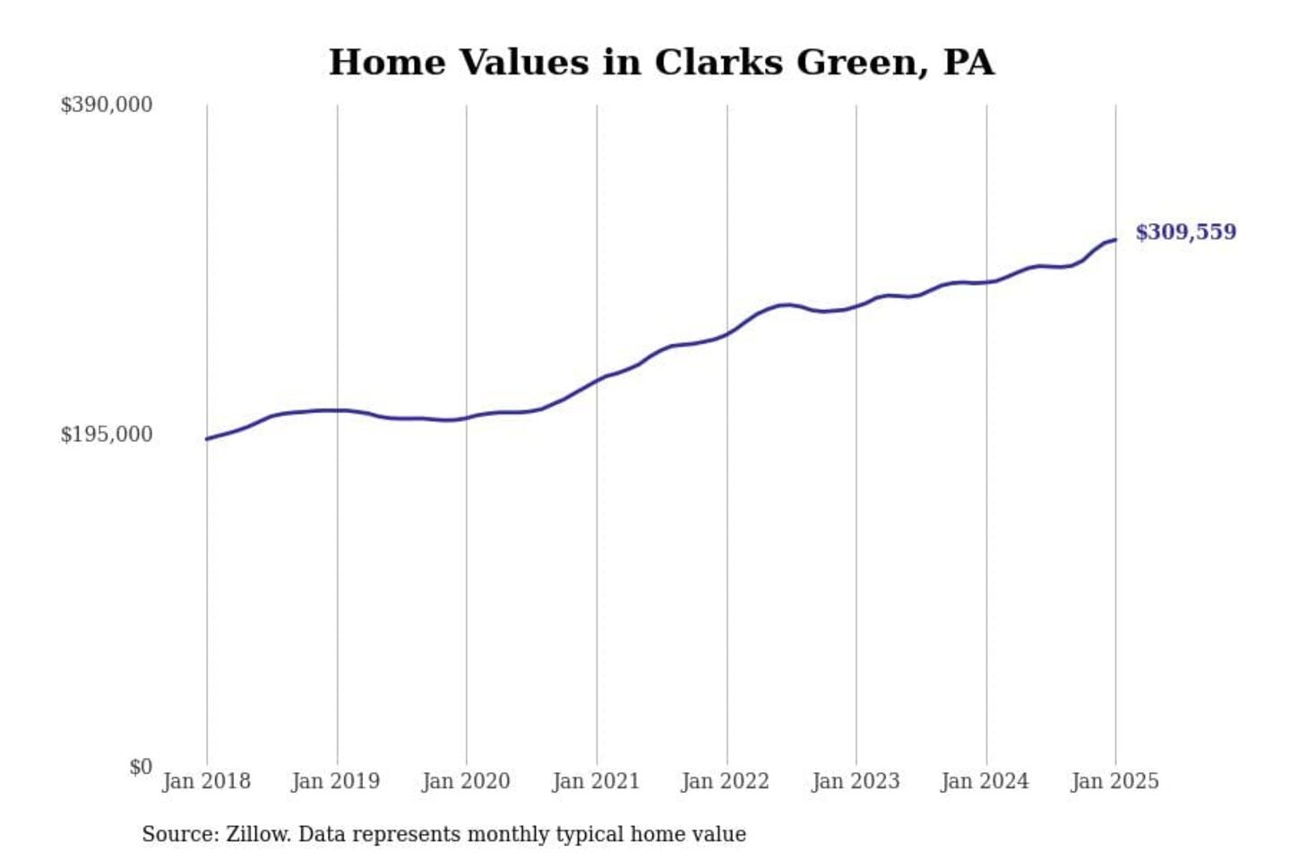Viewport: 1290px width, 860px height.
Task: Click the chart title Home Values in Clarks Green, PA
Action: coord(661,63)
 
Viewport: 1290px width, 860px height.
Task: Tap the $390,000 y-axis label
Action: coord(106,105)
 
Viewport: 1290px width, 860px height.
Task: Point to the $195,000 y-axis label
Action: coord(106,434)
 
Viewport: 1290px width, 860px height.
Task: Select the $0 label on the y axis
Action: coord(141,767)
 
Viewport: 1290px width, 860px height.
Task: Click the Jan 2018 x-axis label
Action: coord(206,781)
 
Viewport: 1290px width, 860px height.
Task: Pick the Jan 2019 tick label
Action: coord(335,781)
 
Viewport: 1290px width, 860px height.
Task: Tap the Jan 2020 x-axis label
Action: coord(466,781)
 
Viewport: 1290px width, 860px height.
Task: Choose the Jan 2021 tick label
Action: coord(596,781)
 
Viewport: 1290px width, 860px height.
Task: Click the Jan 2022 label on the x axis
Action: coord(725,781)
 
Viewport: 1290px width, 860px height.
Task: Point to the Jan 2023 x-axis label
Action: coord(856,781)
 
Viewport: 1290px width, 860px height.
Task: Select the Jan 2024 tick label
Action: coord(985,781)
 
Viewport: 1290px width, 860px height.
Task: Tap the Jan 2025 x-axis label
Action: coord(1114,781)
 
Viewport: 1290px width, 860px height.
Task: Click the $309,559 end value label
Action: coord(1185,232)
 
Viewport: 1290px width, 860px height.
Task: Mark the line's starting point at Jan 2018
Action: coord(207,439)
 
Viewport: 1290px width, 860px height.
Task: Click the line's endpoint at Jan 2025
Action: coord(1115,239)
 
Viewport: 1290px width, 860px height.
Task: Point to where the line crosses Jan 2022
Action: coord(727,333)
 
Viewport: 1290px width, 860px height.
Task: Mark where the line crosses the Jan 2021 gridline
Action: coord(597,381)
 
